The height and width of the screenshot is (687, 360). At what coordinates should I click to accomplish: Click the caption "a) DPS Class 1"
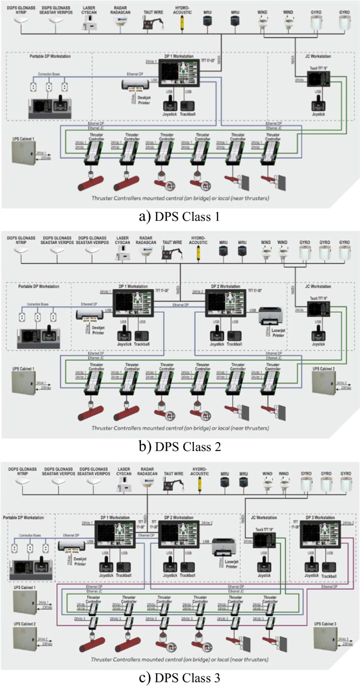click(180, 216)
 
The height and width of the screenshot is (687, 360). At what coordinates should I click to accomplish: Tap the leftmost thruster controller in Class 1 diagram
click(97, 151)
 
